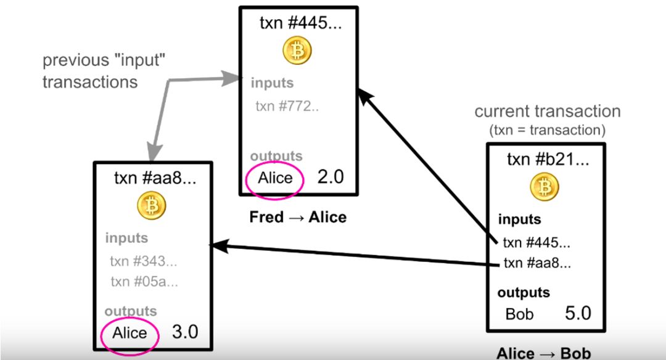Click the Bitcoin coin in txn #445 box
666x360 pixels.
297,51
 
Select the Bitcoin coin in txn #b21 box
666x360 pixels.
545,186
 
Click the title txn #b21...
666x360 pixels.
548,160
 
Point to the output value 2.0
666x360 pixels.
330,178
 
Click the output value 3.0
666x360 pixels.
184,332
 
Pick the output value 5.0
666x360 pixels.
578,313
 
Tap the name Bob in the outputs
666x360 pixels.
519,314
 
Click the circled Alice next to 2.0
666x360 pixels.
275,178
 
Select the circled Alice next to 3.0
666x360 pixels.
130,333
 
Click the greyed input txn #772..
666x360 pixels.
287,106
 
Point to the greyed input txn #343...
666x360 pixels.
143,261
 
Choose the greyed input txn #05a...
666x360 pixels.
144,282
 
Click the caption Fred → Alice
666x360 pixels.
298,217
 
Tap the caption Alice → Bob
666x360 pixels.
543,353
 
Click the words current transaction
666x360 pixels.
547,112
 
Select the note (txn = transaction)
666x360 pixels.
547,130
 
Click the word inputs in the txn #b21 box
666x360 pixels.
519,219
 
